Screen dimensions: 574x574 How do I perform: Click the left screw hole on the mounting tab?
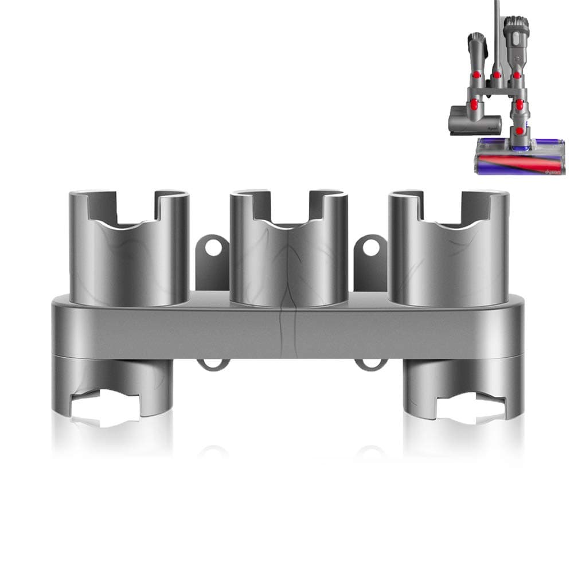(x=212, y=248)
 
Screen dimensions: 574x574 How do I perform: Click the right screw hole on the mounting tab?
(x=371, y=248)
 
